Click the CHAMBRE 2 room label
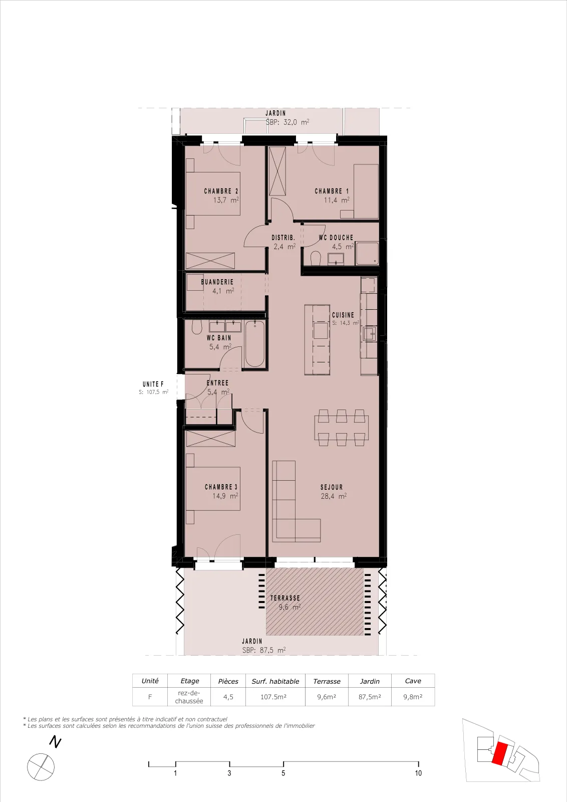221,191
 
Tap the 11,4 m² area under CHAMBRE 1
337,200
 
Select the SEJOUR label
332,487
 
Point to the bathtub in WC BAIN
255,344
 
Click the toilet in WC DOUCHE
316,258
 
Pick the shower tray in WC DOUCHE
367,254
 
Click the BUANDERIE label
217,282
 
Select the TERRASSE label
285,598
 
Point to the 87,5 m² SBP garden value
264,650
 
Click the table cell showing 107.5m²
273,697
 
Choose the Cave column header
413,681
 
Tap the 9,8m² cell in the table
413,697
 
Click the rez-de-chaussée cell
189,697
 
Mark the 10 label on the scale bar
418,773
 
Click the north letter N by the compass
55,742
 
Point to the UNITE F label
153,384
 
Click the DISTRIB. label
283,238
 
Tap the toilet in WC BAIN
196,327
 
